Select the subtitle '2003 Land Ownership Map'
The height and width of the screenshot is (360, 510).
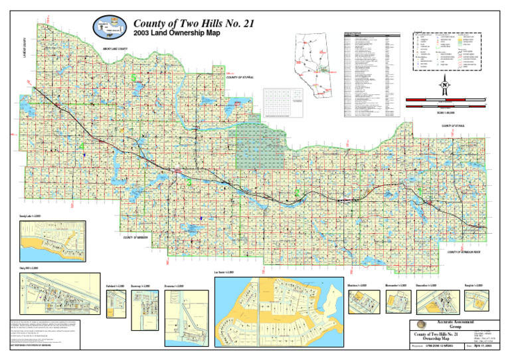[167, 33]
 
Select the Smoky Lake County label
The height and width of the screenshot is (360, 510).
[116, 48]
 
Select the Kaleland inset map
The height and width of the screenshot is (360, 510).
[116, 304]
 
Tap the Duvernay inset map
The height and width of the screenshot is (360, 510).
[143, 305]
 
